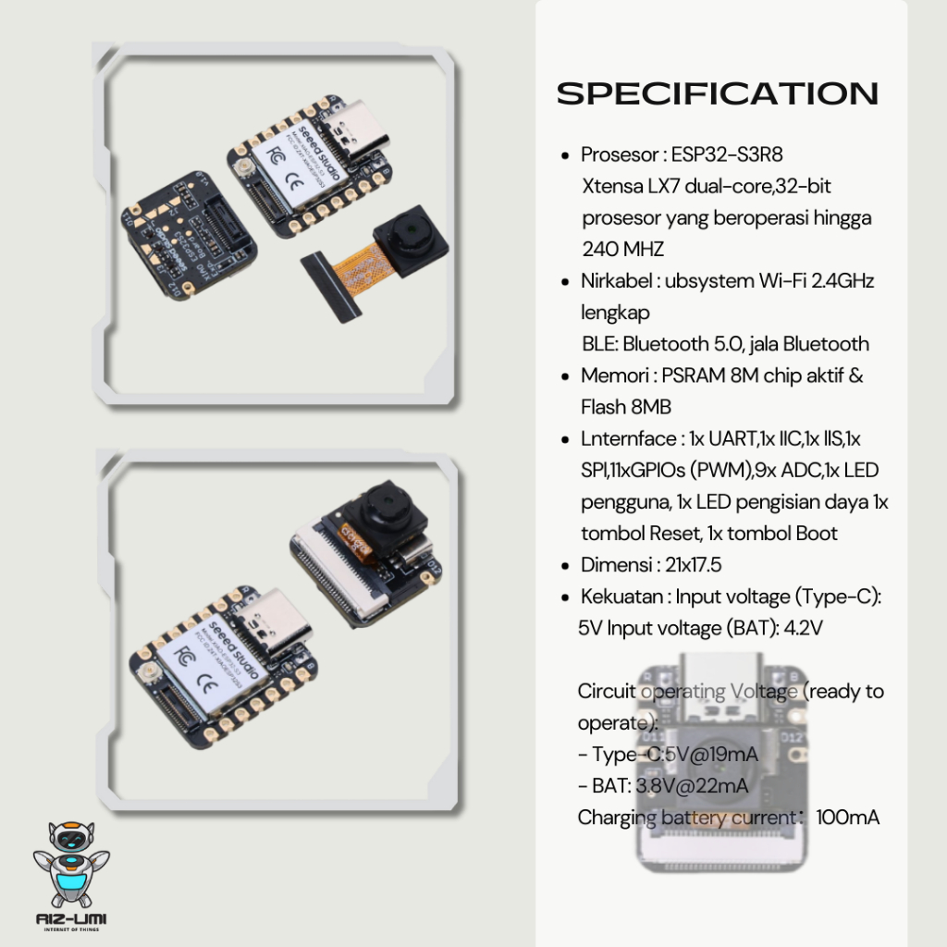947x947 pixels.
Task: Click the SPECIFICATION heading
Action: [718, 93]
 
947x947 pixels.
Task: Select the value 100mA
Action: [848, 818]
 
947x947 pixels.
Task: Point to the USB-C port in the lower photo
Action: [274, 617]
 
